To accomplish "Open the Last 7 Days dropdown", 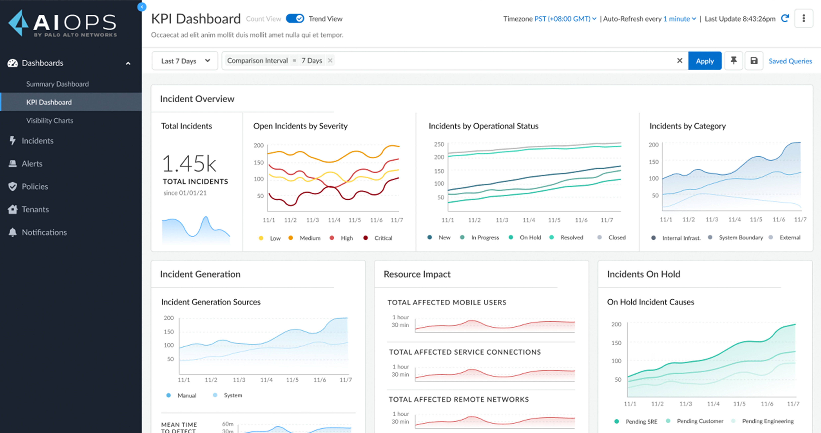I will [x=185, y=61].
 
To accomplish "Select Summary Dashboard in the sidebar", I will [x=57, y=84].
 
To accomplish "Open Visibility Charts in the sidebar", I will [x=50, y=120].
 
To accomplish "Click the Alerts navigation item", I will [x=32, y=164].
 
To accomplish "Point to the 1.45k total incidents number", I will [x=189, y=164].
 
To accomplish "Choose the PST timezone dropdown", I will [x=565, y=19].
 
